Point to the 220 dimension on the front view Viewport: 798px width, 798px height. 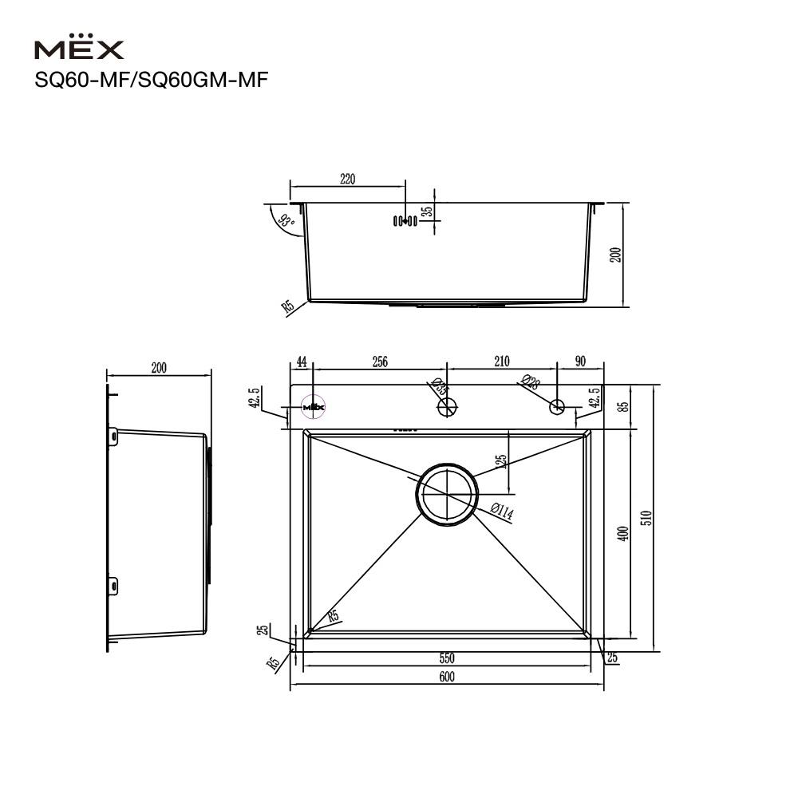pos(347,180)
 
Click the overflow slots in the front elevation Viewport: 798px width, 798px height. pos(405,220)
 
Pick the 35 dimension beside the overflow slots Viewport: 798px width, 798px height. pos(428,211)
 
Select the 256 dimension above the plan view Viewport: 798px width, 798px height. pos(379,361)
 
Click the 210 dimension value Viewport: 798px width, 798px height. pos(501,361)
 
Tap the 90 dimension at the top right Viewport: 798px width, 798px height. pos(579,361)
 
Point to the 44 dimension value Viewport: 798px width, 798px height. pos(302,361)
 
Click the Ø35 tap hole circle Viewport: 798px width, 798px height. pos(447,408)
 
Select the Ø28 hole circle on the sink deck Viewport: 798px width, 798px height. pos(557,408)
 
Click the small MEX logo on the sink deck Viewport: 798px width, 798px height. pos(314,407)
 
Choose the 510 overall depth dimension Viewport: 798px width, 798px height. pos(647,518)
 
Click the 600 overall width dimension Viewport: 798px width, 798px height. pos(446,677)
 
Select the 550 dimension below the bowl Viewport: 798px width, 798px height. pos(446,658)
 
